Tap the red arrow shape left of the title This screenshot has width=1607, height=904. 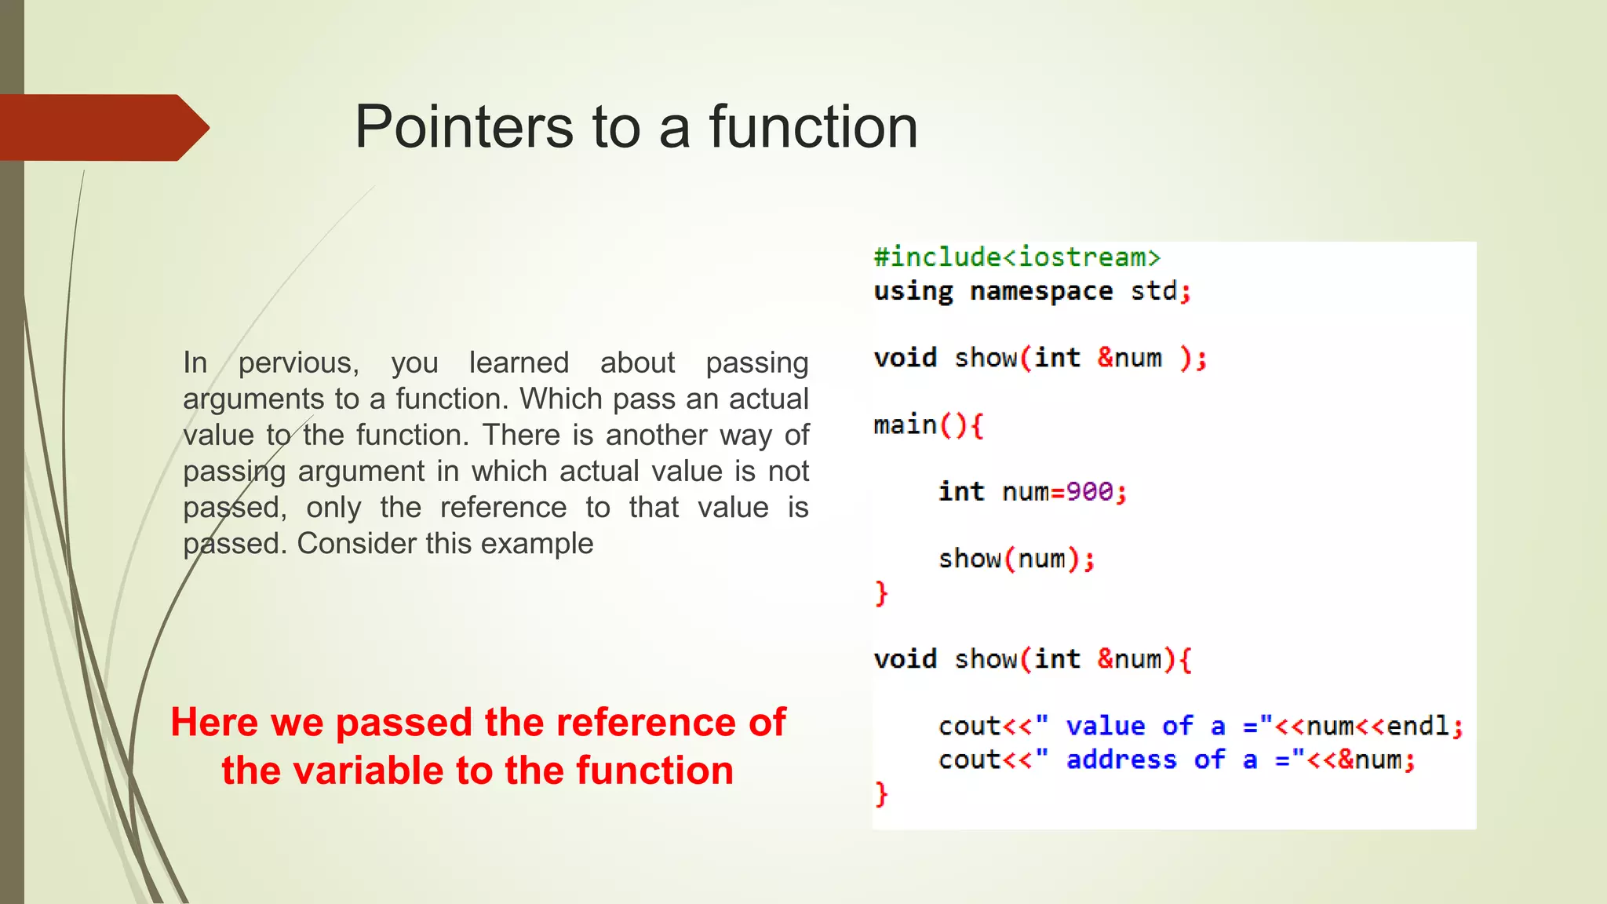tap(102, 127)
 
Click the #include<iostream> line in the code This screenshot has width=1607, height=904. tap(1017, 257)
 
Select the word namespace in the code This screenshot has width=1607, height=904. tap(1041, 291)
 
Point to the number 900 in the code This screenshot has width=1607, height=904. tap(1089, 492)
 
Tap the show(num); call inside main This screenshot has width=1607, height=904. tap(1016, 559)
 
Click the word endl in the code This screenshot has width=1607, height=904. tap(1418, 726)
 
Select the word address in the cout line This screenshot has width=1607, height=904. tap(1121, 760)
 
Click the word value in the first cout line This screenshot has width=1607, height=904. tap(1105, 726)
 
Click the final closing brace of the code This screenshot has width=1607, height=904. tap(881, 793)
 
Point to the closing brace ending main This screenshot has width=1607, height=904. tap(881, 592)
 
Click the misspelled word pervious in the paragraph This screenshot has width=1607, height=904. tap(299, 363)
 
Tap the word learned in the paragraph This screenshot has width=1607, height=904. tap(519, 363)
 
